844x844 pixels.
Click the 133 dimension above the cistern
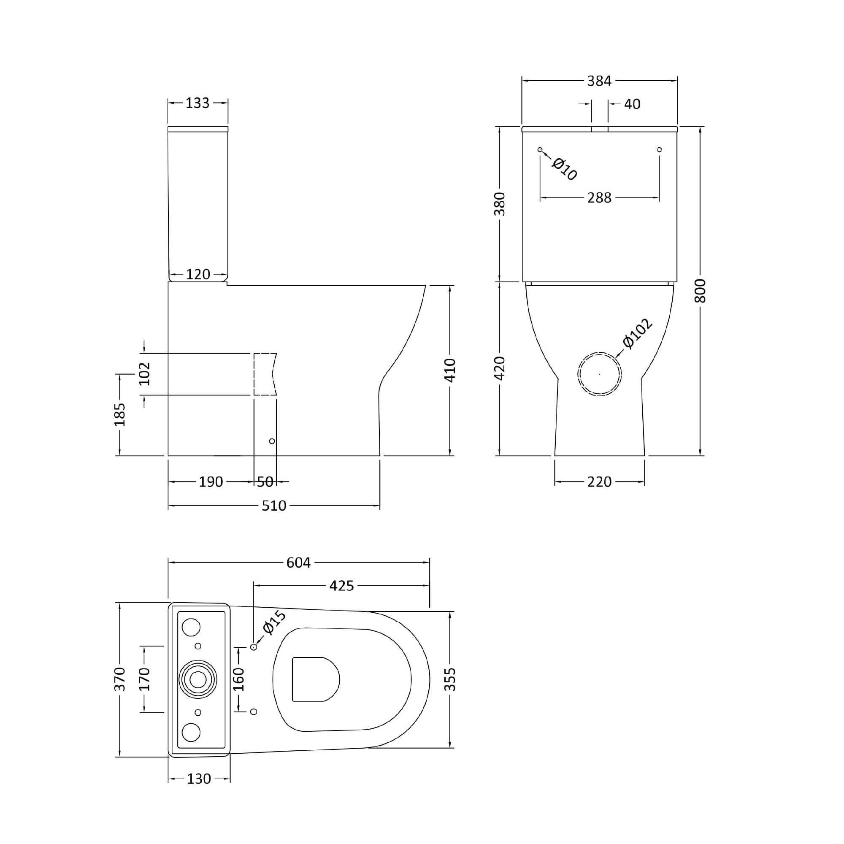click(x=197, y=103)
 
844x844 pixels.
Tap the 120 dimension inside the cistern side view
click(x=198, y=274)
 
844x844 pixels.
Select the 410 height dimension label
click(x=450, y=371)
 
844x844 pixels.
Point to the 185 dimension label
click(x=120, y=414)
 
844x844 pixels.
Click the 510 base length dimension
click(x=274, y=506)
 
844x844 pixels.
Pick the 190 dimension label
click(x=211, y=482)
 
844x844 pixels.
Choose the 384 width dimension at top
click(x=599, y=81)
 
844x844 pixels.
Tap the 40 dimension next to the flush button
click(x=632, y=104)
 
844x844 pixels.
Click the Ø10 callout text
click(x=564, y=169)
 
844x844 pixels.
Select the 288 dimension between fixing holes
click(x=599, y=198)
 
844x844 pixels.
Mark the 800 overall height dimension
click(x=700, y=290)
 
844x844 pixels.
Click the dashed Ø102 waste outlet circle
click(x=599, y=374)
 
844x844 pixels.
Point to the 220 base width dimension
click(x=599, y=482)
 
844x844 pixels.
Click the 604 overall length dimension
click(x=298, y=563)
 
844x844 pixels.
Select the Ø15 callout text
click(x=274, y=622)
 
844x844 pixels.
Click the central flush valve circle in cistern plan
click(x=198, y=679)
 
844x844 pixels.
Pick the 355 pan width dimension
click(x=450, y=679)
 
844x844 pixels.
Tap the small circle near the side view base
click(x=272, y=441)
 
